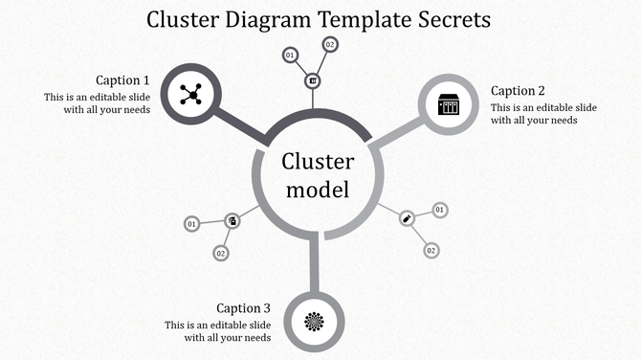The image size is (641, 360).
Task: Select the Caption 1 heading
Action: pyautogui.click(x=122, y=80)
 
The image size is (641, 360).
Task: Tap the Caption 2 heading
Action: pyautogui.click(x=518, y=91)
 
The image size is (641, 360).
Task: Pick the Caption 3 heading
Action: pyautogui.click(x=243, y=308)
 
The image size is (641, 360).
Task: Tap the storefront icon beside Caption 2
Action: pyautogui.click(x=449, y=104)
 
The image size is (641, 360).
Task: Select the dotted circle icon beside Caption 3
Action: pyautogui.click(x=314, y=321)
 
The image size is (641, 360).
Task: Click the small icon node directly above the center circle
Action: pyautogui.click(x=312, y=80)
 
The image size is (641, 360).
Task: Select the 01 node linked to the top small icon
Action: pyautogui.click(x=289, y=56)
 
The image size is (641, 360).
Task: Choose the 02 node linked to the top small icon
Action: pyautogui.click(x=330, y=44)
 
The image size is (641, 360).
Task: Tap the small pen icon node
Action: pyautogui.click(x=407, y=218)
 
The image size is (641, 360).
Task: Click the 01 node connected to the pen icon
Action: pyautogui.click(x=440, y=210)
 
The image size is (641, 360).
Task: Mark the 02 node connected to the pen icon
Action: pyautogui.click(x=431, y=250)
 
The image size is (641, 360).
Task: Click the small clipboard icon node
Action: pyautogui.click(x=232, y=221)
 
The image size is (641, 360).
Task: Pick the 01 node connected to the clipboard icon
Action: pyautogui.click(x=191, y=224)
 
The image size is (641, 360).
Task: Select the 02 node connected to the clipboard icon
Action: pyautogui.click(x=220, y=254)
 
